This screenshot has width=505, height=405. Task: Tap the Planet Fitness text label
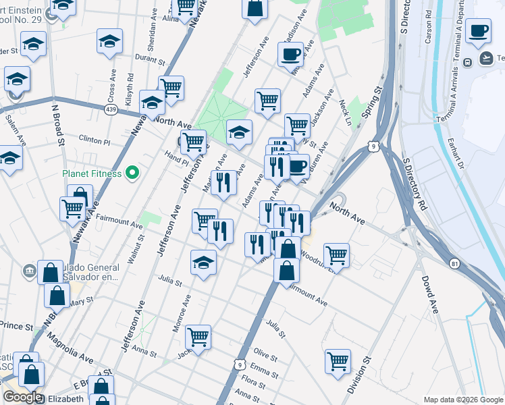pyautogui.click(x=92, y=173)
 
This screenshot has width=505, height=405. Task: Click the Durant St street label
pyautogui.click(x=150, y=59)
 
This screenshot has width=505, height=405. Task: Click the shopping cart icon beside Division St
pyautogui.click(x=338, y=360)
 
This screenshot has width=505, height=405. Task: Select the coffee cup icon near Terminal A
pyautogui.click(x=478, y=30)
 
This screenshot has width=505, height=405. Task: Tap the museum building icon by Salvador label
pyautogui.click(x=29, y=271)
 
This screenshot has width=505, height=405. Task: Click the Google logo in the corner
pyautogui.click(x=22, y=397)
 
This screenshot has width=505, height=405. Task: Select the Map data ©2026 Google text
pyautogui.click(x=462, y=400)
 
